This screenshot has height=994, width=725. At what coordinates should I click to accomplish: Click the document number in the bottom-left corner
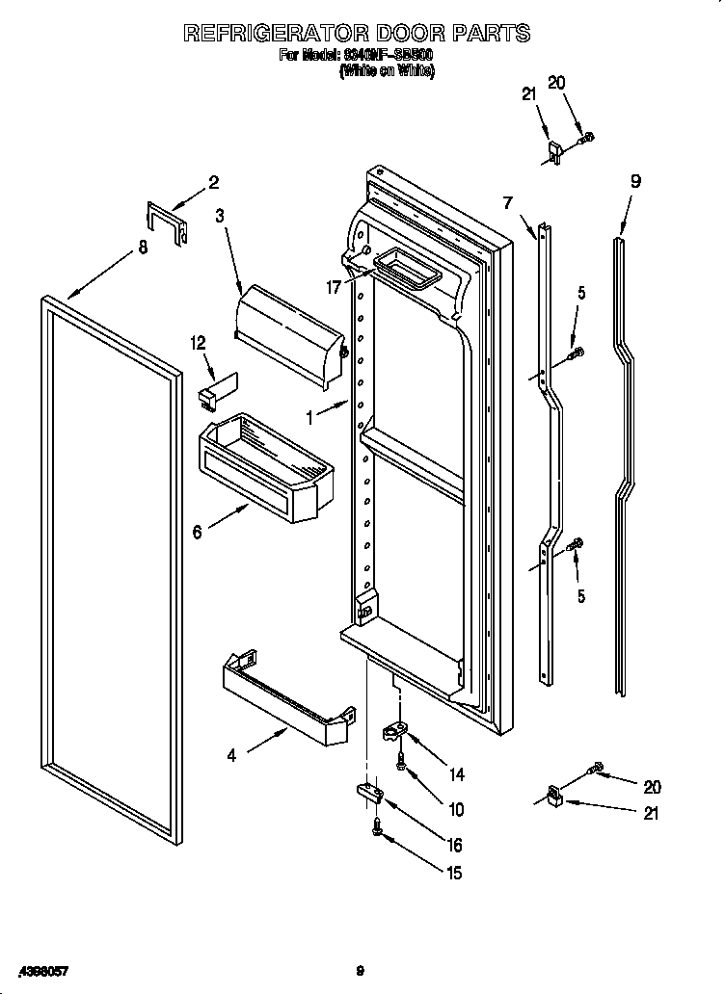click(x=37, y=970)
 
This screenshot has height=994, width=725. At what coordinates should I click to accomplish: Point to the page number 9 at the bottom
click(x=360, y=970)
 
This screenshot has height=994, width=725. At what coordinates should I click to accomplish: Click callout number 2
click(x=214, y=182)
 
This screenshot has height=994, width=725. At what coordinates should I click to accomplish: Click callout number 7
click(x=507, y=201)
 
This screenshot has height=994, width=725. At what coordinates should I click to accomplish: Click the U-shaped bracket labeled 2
click(x=167, y=222)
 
